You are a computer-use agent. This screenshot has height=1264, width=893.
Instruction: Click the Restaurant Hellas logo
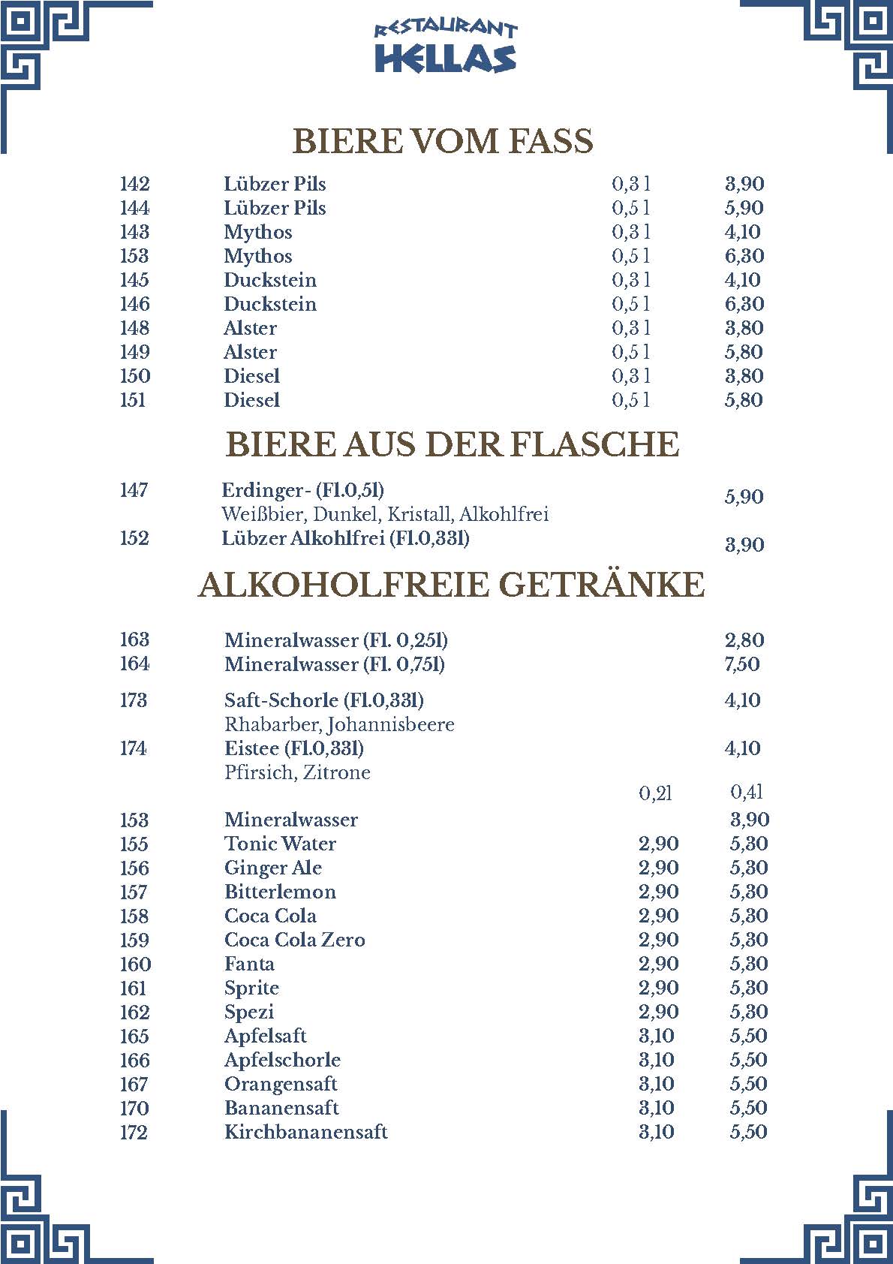446,47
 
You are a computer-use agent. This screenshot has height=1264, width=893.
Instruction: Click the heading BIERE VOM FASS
443,141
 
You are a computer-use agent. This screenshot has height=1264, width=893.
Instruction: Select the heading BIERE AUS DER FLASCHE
453,444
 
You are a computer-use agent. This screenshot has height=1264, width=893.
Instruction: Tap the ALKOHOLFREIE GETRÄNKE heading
452,585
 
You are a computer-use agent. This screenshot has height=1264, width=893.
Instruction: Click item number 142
135,184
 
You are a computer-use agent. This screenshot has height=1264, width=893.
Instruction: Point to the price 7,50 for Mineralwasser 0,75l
742,664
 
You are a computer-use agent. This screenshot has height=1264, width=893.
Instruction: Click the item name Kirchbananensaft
306,1132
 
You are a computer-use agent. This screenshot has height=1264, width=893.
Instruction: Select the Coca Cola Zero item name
295,940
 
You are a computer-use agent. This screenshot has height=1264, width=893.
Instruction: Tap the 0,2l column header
655,793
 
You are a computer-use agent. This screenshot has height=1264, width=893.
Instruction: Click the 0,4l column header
747,792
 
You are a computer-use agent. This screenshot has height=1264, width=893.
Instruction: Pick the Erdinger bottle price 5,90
744,497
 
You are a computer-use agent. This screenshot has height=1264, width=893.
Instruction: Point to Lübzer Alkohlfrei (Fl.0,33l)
346,538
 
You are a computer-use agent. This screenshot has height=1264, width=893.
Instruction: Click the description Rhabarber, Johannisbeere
339,725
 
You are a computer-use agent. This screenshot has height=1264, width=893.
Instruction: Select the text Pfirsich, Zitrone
297,773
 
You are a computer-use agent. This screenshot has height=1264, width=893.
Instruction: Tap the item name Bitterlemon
280,892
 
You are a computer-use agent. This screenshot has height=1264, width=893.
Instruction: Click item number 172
134,1133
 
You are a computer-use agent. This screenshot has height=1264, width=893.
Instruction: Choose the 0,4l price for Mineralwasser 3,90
750,820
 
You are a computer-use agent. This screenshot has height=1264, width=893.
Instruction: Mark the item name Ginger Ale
273,868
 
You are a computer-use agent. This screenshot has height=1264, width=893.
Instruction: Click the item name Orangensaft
281,1084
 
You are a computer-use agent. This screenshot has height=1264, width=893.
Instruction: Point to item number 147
134,490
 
